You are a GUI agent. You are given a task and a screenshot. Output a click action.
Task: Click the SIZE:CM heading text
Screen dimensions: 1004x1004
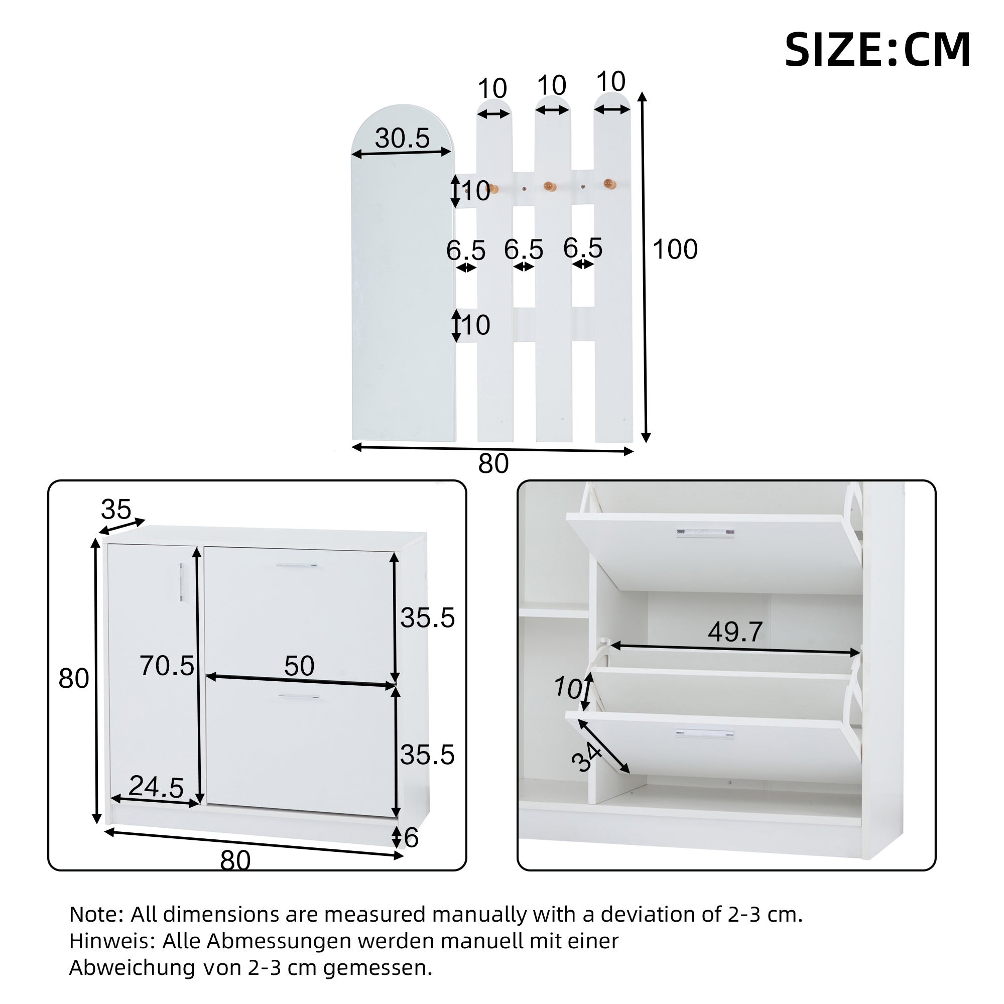(x=876, y=50)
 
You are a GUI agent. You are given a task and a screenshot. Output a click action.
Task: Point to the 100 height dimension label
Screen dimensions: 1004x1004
(x=675, y=249)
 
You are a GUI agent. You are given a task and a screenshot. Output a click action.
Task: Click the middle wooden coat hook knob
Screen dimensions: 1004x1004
(x=549, y=186)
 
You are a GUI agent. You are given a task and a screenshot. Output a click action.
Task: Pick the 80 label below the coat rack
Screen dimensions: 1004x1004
(x=492, y=463)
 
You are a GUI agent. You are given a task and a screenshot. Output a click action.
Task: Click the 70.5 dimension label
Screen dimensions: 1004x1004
(x=166, y=666)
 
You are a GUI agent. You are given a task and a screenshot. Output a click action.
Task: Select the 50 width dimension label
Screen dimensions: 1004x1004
(x=299, y=666)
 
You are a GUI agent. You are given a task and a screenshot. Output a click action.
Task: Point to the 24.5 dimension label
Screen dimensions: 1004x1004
(x=156, y=786)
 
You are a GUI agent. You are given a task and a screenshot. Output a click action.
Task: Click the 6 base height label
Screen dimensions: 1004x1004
(x=411, y=838)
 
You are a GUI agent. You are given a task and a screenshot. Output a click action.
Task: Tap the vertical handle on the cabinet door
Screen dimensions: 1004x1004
(x=181, y=582)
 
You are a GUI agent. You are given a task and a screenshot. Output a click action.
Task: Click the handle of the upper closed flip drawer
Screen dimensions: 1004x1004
(x=296, y=565)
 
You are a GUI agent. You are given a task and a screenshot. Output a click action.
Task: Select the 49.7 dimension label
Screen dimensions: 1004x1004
(x=735, y=632)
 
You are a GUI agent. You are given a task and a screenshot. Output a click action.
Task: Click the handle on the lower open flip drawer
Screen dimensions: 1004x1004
(x=704, y=734)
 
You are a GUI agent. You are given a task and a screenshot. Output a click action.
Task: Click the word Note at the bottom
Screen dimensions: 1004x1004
(x=95, y=914)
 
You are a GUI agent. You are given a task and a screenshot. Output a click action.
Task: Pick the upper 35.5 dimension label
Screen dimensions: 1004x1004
(x=427, y=618)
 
